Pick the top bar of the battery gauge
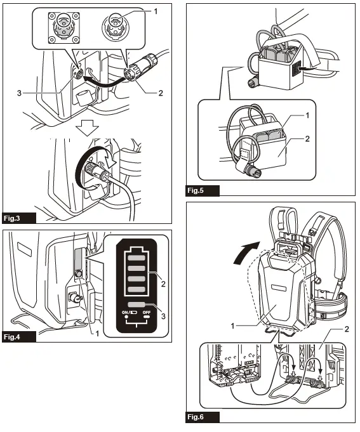pos(137,258)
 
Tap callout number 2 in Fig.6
pos(345,330)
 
